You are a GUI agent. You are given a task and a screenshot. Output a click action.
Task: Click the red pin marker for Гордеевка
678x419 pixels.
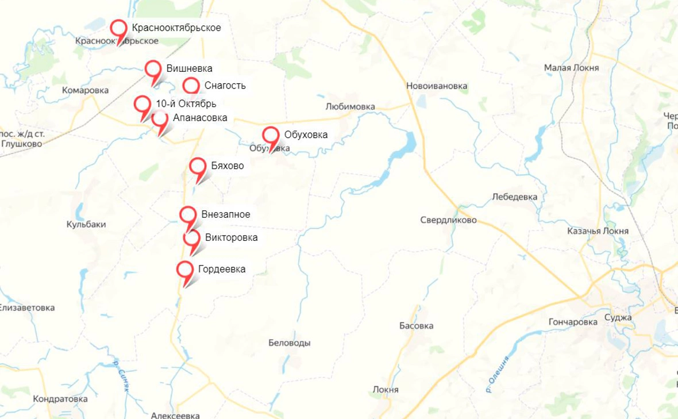point(185,270)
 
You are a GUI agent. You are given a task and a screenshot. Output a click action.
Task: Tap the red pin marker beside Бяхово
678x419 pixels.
point(198,167)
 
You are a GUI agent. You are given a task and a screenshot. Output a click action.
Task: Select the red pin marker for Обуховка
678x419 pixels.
point(271,136)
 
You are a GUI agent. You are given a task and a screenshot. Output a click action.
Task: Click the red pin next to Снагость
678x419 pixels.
point(191,86)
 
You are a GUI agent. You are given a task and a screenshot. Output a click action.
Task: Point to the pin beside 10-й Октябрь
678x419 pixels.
point(142,105)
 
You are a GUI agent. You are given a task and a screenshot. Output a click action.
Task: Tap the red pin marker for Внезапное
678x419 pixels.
point(188,215)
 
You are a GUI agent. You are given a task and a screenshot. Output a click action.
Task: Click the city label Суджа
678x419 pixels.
point(618,318)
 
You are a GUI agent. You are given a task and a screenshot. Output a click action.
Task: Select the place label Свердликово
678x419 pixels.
point(448,220)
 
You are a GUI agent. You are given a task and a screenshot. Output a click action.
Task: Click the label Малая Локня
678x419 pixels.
point(571,68)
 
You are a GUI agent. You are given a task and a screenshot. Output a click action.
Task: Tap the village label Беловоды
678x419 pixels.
point(290,343)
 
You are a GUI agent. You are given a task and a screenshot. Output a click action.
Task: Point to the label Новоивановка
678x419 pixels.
point(437,86)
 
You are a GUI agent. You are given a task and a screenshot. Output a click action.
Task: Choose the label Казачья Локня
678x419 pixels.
point(598,231)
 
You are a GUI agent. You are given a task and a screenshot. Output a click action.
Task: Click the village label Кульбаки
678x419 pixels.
point(86,224)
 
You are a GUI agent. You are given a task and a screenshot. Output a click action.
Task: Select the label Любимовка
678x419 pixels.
point(350,106)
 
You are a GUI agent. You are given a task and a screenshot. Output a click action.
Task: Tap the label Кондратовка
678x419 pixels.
point(60,399)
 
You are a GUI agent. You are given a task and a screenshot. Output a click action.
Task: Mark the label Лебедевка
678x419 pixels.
point(515,197)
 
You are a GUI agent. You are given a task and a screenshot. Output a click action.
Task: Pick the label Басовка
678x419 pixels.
point(416,326)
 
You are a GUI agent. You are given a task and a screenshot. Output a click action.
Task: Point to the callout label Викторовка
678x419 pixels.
point(231,237)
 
